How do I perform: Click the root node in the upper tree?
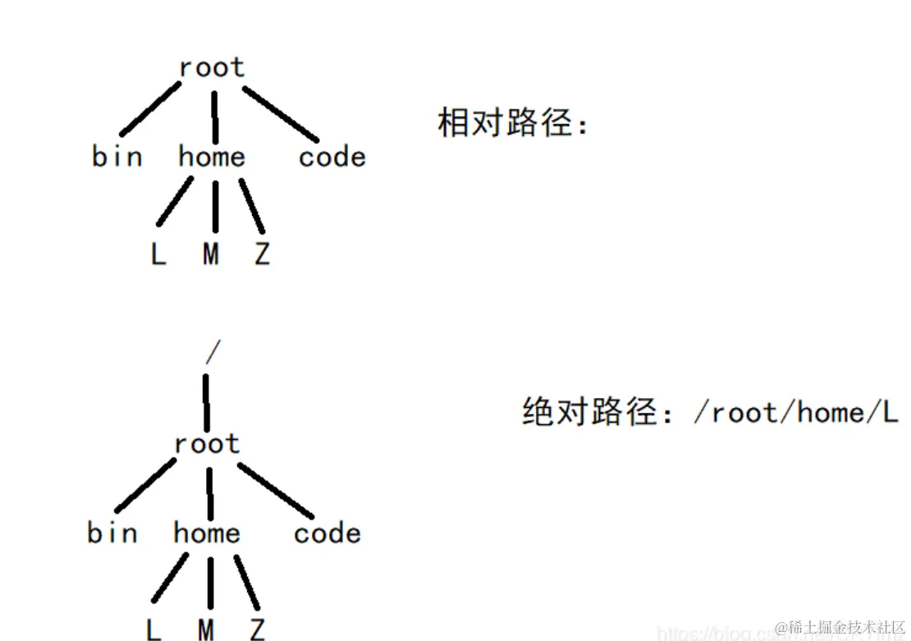pyautogui.click(x=212, y=67)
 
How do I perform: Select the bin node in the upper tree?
pyautogui.click(x=117, y=156)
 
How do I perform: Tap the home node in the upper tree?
pyautogui.click(x=212, y=156)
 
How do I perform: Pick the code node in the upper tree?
pyautogui.click(x=332, y=156)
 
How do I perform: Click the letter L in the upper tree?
pyautogui.click(x=158, y=254)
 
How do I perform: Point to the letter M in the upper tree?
pyautogui.click(x=211, y=254)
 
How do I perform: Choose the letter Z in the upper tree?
pyautogui.click(x=262, y=254)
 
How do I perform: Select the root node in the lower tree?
pyautogui.click(x=207, y=444)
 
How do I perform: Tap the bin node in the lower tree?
pyautogui.click(x=112, y=533)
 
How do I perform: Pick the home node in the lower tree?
pyautogui.click(x=207, y=533)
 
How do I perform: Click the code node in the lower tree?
pyautogui.click(x=327, y=533)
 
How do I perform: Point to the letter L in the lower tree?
pyautogui.click(x=153, y=630)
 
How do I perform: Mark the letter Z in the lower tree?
pyautogui.click(x=257, y=630)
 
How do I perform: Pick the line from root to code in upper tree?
pyautogui.click(x=281, y=113)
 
